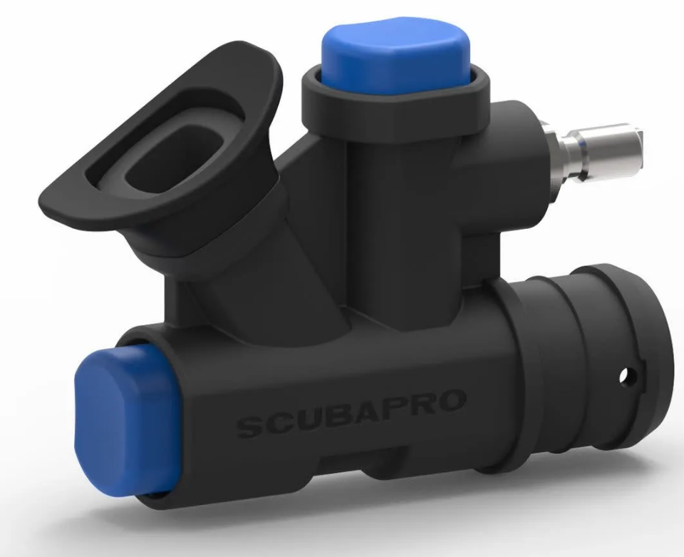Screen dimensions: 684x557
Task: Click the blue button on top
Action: tap(395, 56)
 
